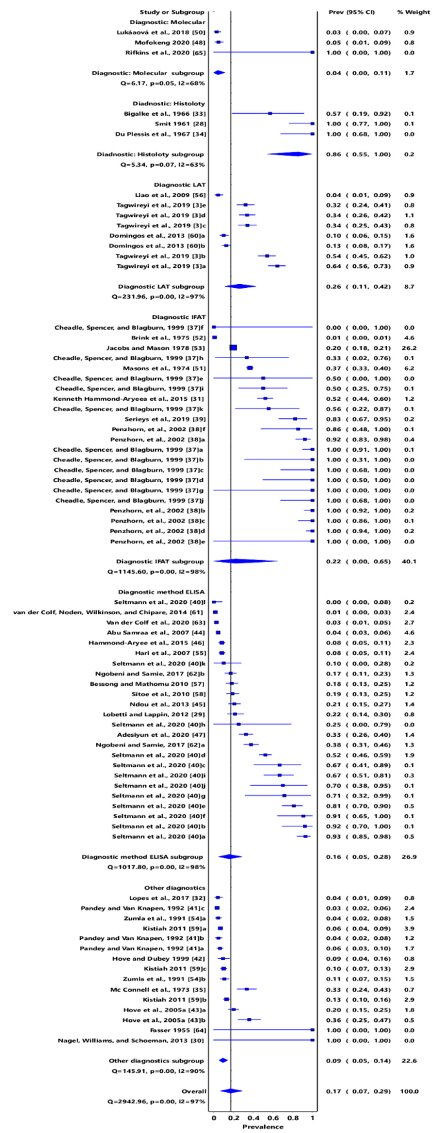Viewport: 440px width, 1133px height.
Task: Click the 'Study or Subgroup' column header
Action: pos(172,12)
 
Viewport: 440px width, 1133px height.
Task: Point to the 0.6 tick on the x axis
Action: pos(273,1117)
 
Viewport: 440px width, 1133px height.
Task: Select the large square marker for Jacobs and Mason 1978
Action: pos(233,348)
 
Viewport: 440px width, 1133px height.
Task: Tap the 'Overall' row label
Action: pos(194,1091)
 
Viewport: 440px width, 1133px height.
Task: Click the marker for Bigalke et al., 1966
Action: pos(270,114)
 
